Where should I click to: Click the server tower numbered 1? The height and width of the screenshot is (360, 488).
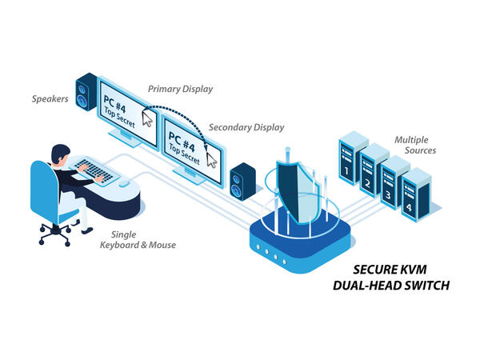(349, 160)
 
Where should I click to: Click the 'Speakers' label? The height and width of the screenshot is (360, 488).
(50, 100)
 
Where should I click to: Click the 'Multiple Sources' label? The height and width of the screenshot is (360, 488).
(416, 145)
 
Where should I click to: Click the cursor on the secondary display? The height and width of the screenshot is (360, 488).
(211, 158)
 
